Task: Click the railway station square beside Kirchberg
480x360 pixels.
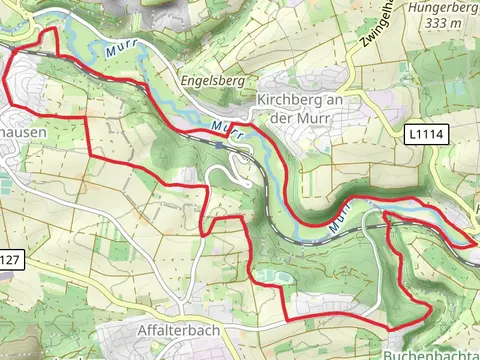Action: click(219, 145)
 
